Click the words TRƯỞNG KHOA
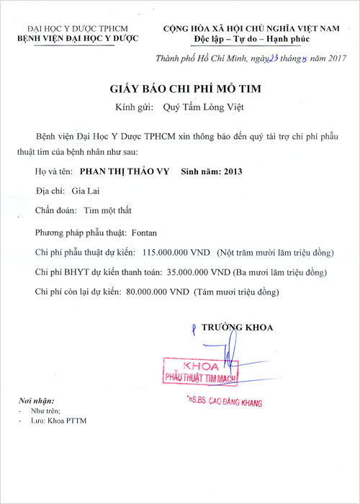pos(238,328)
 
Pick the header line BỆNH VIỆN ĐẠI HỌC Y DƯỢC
pos(78,38)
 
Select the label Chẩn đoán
pos(53,212)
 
